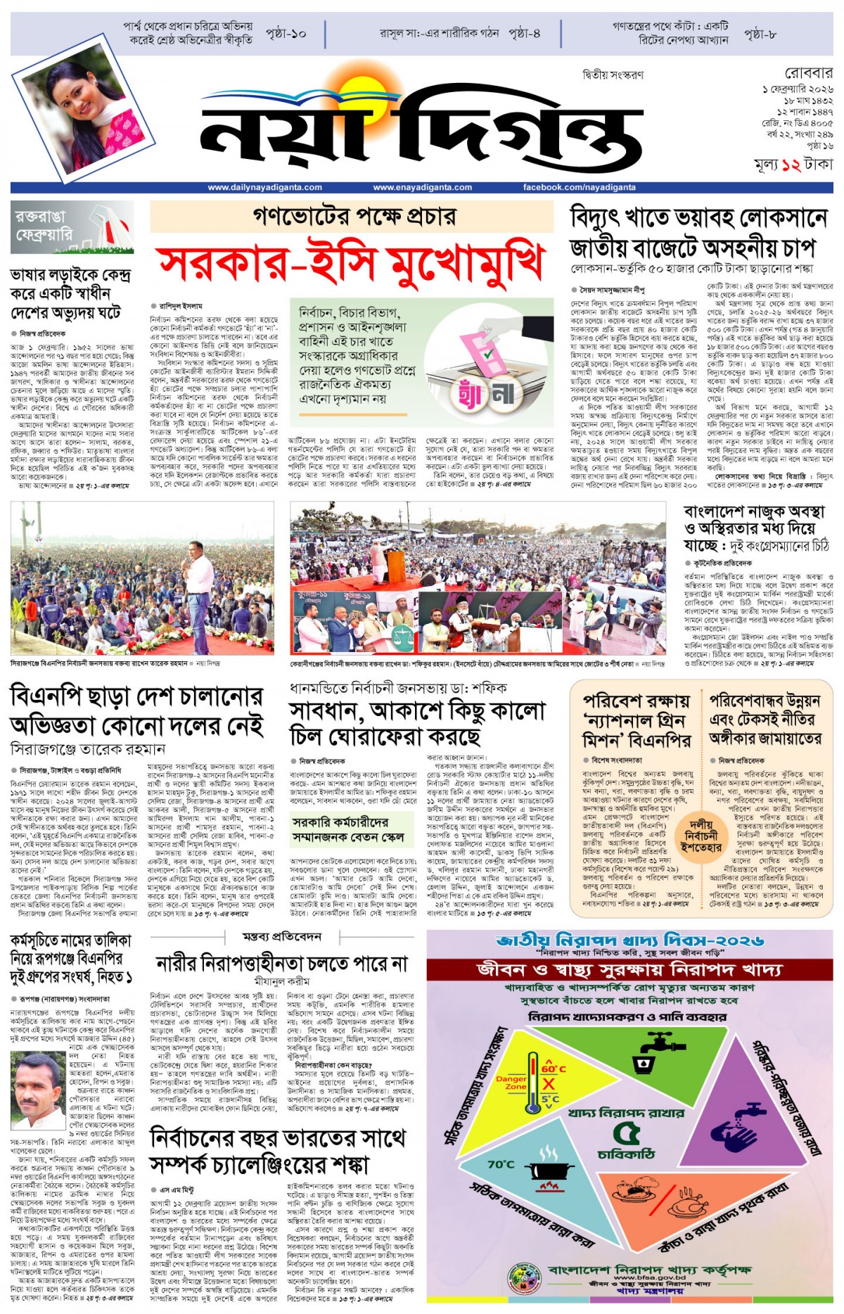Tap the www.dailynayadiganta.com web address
(x=264, y=188)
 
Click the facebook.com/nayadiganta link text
(x=579, y=188)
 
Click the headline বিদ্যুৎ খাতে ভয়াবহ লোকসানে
(x=698, y=219)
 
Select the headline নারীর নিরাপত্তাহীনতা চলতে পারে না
(x=281, y=963)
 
